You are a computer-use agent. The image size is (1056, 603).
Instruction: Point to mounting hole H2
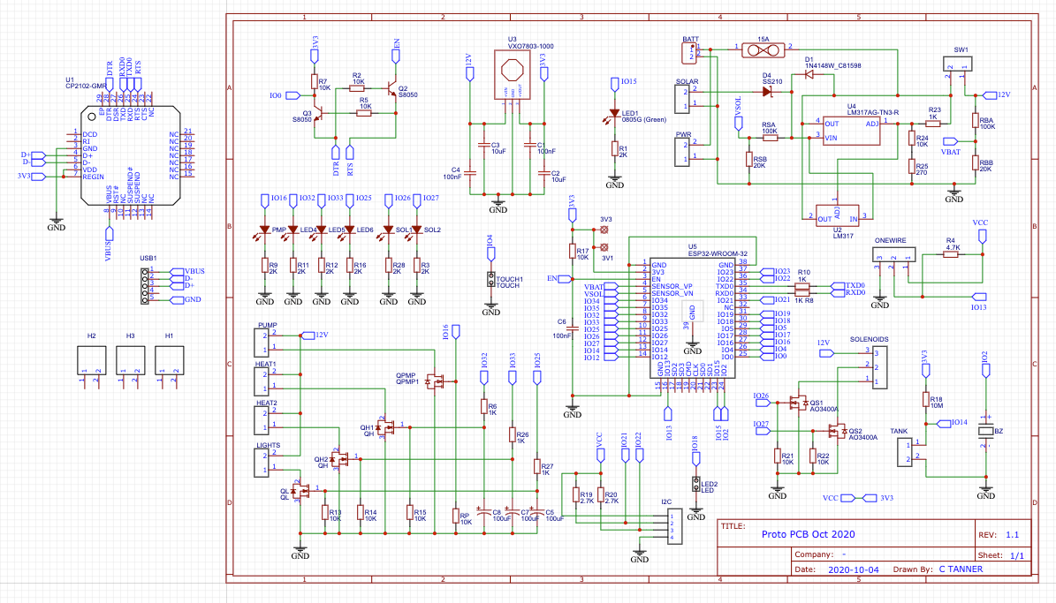click(x=91, y=358)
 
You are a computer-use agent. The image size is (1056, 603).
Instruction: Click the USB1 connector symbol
click(x=143, y=283)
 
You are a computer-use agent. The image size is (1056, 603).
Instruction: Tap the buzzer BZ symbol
click(x=986, y=431)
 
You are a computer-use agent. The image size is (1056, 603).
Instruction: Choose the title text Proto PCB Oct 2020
click(x=809, y=533)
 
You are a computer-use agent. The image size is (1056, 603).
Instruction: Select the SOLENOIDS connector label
click(x=869, y=339)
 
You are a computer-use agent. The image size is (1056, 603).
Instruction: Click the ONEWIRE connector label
click(x=890, y=240)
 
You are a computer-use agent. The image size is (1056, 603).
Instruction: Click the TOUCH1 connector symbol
click(x=490, y=280)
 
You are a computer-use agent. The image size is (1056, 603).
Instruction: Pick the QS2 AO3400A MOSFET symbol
click(x=833, y=432)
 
